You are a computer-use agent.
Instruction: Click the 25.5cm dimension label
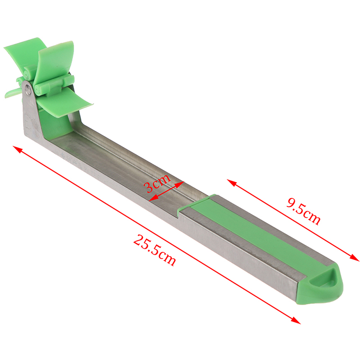154,250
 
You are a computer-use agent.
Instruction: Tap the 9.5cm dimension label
303,211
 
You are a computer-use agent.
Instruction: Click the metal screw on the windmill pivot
28,89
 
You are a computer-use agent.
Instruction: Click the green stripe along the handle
252,232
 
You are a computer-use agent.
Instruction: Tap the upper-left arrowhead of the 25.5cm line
17,149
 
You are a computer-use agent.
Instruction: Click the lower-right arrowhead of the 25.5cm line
296,320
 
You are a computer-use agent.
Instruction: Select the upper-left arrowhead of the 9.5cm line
231,183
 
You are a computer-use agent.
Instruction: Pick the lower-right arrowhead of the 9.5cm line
355,258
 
